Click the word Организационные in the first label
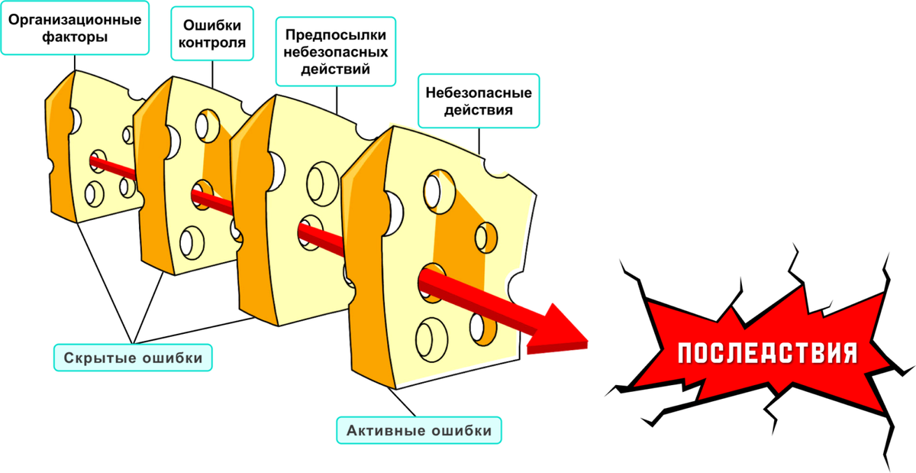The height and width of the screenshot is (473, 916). point(75,20)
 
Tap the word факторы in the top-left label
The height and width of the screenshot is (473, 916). point(75,37)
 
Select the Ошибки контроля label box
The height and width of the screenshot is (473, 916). point(212,34)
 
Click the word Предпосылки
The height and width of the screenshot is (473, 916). point(336,35)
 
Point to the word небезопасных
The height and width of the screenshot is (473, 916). point(336,52)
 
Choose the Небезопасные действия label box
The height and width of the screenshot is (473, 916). point(479,101)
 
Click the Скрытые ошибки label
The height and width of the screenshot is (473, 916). point(133,358)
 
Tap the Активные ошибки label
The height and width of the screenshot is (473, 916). point(419,430)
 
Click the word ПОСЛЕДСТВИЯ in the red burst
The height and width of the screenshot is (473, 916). point(768,353)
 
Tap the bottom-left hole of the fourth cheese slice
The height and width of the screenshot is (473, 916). point(431,340)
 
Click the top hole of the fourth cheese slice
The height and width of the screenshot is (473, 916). point(439,192)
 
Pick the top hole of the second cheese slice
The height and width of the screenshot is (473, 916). point(208,126)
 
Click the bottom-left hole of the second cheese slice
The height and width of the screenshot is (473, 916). point(192,242)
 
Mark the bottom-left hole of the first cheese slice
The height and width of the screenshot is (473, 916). point(95,194)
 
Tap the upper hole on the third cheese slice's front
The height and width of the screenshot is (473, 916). point(322,184)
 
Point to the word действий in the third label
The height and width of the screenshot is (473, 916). point(336,70)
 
